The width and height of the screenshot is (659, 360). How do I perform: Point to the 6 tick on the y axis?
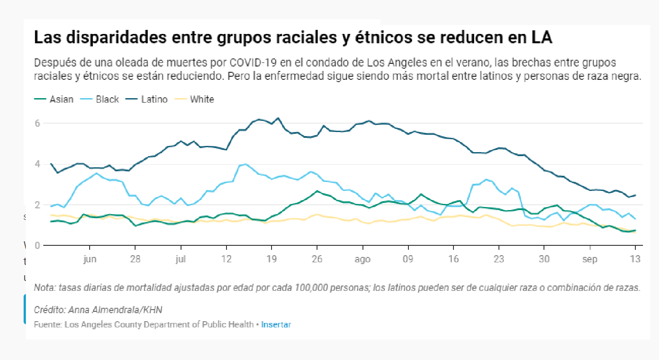tap(37, 123)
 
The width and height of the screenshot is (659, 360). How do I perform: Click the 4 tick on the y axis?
tap(37, 164)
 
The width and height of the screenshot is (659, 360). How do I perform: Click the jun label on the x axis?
tap(90, 260)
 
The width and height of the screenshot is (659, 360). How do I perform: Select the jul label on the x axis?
tap(181, 260)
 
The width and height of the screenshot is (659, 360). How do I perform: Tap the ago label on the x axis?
tap(362, 260)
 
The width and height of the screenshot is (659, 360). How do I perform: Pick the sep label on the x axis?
tap(590, 260)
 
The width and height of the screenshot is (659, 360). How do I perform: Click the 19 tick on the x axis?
tap(272, 260)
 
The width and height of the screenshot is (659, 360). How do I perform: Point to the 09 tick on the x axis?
tap(408, 260)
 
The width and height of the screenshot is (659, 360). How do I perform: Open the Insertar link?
tap(276, 325)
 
